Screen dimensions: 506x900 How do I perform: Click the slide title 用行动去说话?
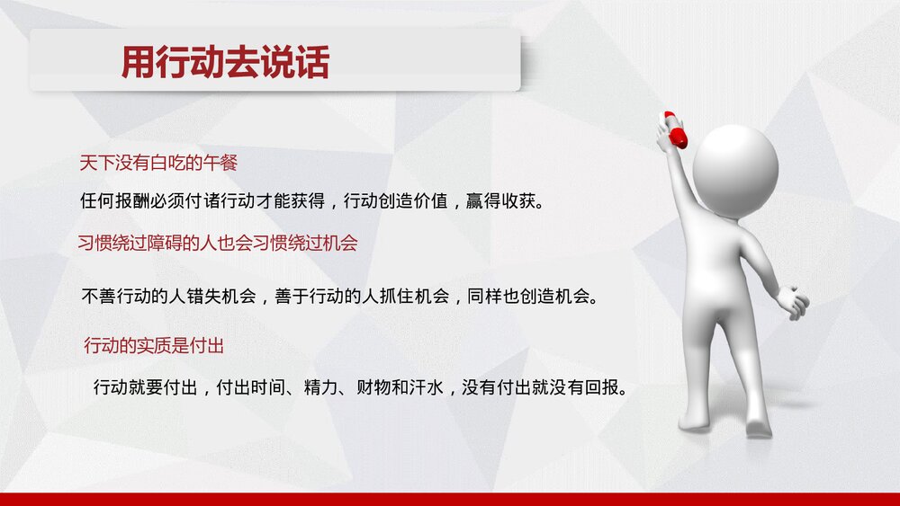coord(225,63)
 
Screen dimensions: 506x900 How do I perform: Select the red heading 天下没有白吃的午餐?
coord(157,164)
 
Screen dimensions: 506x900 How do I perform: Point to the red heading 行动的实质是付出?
coord(153,345)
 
